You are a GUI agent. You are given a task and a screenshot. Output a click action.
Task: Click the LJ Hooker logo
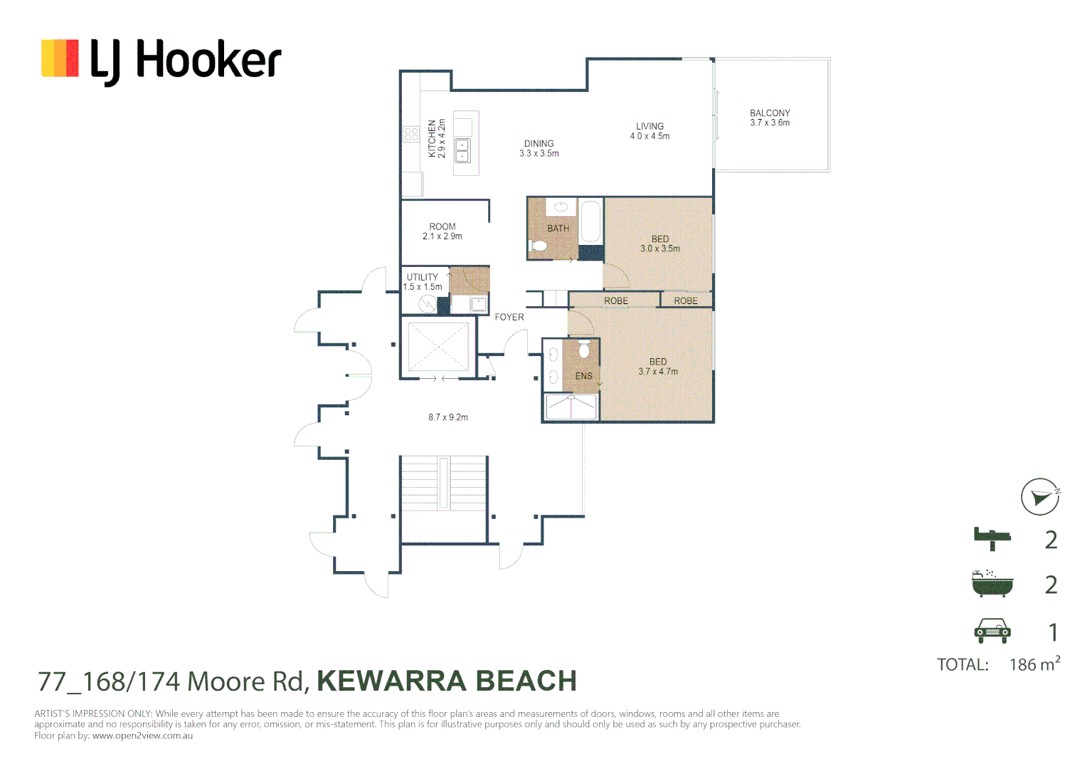(x=161, y=60)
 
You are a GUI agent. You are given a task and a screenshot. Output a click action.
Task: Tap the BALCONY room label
(x=770, y=113)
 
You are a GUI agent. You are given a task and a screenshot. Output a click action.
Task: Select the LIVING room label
(x=649, y=126)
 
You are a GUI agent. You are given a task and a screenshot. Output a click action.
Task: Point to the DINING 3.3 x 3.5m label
(x=539, y=148)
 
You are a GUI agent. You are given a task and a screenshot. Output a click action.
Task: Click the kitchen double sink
(x=462, y=151)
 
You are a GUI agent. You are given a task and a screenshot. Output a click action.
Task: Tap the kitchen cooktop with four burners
(x=411, y=134)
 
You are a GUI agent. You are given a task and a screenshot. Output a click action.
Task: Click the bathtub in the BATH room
(x=591, y=222)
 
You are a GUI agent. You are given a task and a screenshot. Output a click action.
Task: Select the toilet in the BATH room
(x=539, y=246)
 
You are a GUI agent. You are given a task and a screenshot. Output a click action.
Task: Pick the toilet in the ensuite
(x=584, y=350)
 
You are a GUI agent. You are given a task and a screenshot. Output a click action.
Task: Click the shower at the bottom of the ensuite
(x=571, y=407)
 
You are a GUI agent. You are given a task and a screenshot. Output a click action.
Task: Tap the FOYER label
(x=509, y=317)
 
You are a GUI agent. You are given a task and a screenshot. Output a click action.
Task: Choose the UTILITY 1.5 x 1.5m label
(x=423, y=282)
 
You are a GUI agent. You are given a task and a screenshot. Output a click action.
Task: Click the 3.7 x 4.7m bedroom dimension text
(x=658, y=372)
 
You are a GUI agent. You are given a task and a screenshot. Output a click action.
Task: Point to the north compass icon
(x=1040, y=496)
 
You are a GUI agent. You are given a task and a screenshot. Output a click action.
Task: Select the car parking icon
(x=992, y=630)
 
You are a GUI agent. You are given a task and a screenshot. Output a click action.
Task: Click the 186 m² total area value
(x=1034, y=664)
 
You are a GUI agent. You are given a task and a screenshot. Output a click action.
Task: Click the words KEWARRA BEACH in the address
(x=447, y=681)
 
